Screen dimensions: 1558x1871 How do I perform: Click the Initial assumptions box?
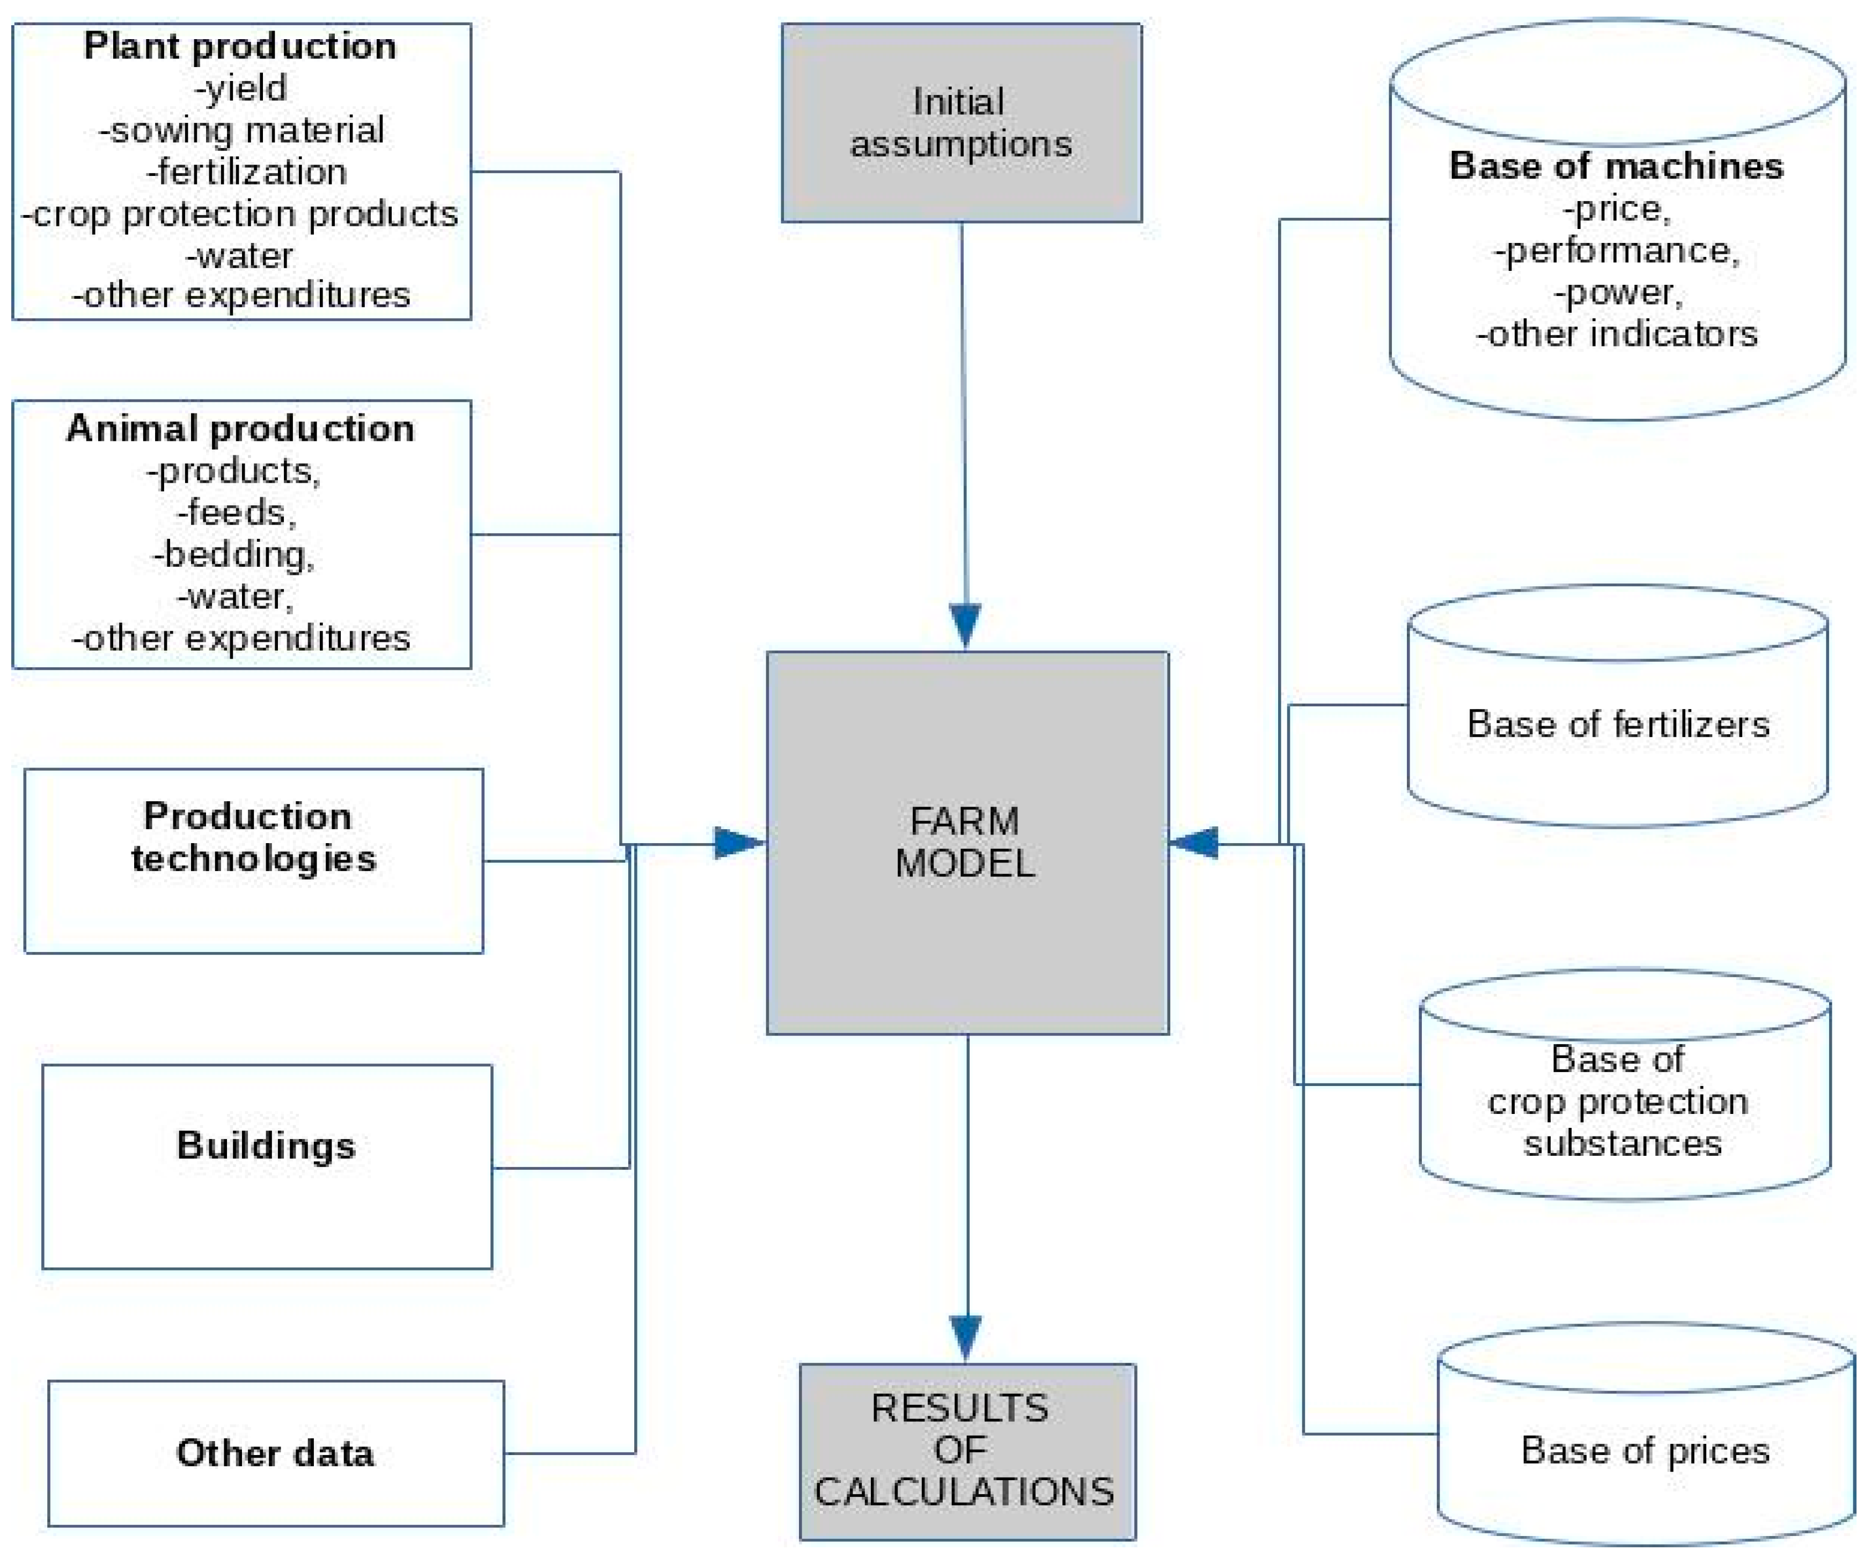pos(960,123)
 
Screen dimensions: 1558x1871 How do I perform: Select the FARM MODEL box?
pos(967,843)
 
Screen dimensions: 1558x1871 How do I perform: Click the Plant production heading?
pos(240,46)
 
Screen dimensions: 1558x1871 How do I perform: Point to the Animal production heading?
pos(240,429)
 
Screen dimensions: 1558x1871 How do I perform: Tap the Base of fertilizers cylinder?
pos(1617,724)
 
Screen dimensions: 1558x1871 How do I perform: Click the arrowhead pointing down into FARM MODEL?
pos(965,624)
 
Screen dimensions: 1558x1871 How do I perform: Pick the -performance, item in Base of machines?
pos(1616,250)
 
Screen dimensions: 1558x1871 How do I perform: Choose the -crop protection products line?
pos(240,214)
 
